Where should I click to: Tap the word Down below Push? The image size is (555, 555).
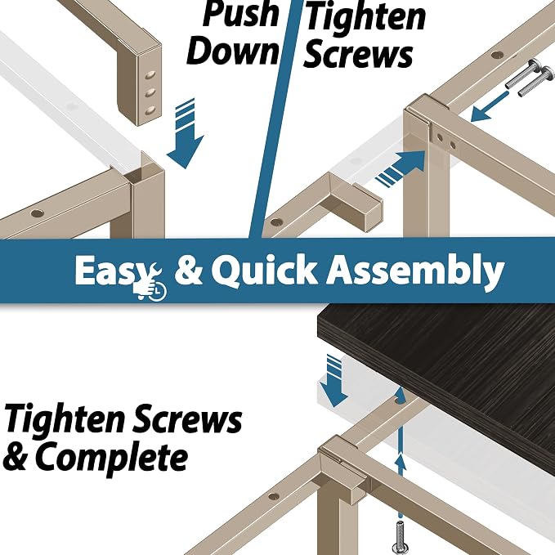point(232,51)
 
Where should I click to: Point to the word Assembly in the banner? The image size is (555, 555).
point(415,271)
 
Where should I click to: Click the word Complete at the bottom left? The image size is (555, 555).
point(111,457)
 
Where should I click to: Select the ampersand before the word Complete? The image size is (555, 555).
point(16,457)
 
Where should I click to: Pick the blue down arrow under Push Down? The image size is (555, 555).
point(186,135)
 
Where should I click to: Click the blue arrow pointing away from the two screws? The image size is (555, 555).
point(489,106)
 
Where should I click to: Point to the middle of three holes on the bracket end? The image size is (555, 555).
point(150,93)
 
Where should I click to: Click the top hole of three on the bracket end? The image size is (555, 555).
point(150,75)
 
